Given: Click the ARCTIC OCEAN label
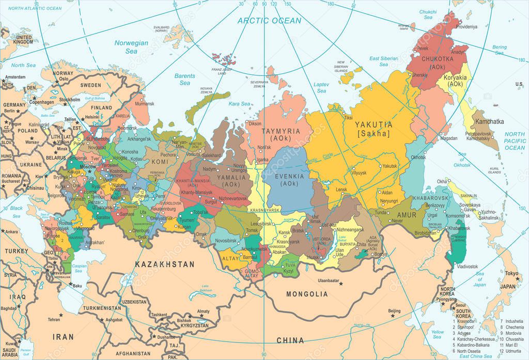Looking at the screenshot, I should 269,21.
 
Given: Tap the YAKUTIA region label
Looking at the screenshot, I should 373,124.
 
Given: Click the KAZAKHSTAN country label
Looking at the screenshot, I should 165,264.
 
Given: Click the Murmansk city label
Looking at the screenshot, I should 144,103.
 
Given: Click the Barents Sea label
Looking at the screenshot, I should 185,79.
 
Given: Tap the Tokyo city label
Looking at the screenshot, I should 511,274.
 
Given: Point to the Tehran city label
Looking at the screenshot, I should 54,319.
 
